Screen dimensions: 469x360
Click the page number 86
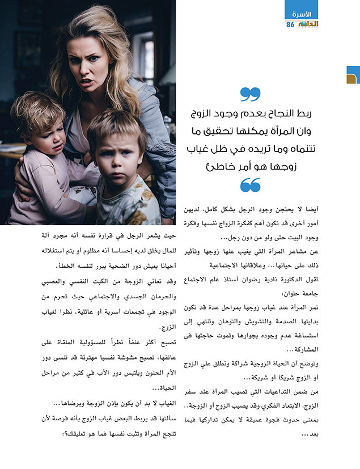290,24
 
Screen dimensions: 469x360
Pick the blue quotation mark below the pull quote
250,185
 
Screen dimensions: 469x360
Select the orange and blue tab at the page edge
353,75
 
